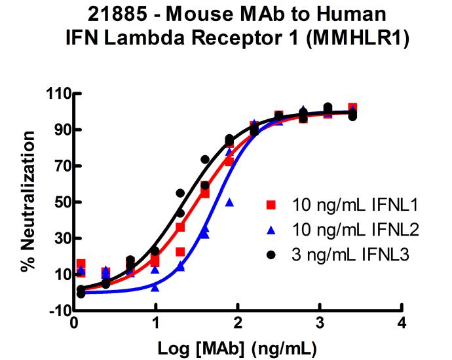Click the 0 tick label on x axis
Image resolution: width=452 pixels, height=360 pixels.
click(x=73, y=323)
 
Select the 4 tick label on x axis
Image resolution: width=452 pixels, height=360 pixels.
click(x=401, y=323)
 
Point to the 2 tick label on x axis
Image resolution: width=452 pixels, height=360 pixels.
click(x=237, y=323)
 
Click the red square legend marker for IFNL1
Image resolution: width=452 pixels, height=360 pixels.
click(x=272, y=206)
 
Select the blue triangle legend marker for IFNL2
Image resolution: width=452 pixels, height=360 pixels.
click(x=272, y=230)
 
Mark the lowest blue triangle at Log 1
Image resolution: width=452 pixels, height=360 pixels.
click(x=155, y=287)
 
